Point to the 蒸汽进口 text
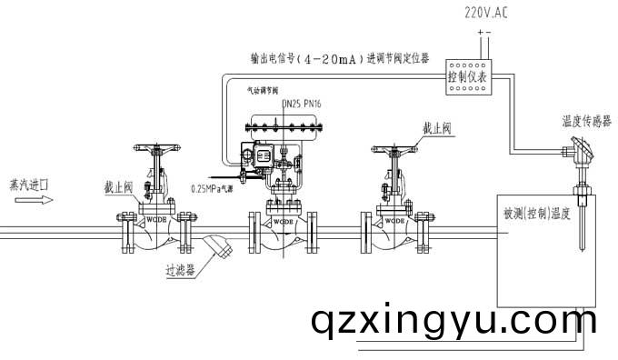tap(29, 184)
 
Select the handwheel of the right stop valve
tap(393, 146)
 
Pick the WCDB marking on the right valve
tap(394, 220)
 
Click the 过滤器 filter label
tap(181, 270)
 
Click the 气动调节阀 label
tap(262, 91)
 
